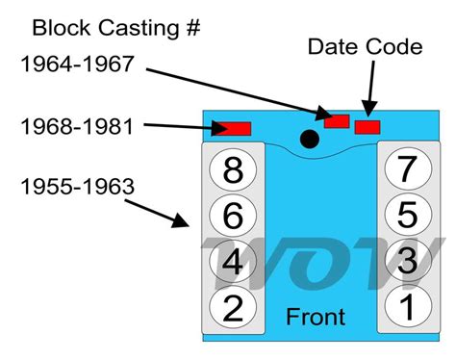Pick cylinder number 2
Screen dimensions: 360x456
pyautogui.click(x=233, y=307)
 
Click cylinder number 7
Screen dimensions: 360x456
pyautogui.click(x=406, y=168)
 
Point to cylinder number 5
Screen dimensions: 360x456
pyautogui.click(x=406, y=214)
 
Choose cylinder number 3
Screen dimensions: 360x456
pyautogui.click(x=406, y=260)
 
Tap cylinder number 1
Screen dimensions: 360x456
pyautogui.click(x=406, y=306)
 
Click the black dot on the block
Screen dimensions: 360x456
pyautogui.click(x=309, y=140)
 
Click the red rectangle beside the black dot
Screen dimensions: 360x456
pyautogui.click(x=337, y=121)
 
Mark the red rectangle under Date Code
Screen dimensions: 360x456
pyautogui.click(x=367, y=127)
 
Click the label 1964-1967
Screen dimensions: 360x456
pyautogui.click(x=78, y=64)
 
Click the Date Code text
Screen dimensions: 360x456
pyautogui.click(x=364, y=45)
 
